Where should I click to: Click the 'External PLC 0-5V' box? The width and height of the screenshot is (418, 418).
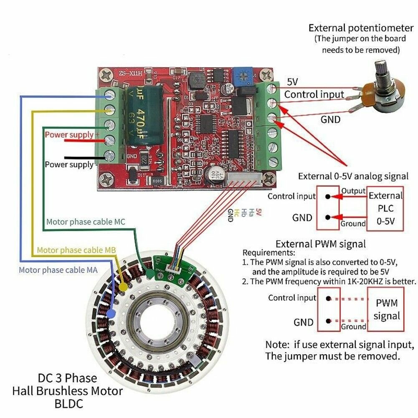385,208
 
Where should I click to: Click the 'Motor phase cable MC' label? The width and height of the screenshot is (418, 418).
86,222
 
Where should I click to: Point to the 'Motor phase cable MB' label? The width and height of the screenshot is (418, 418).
76,250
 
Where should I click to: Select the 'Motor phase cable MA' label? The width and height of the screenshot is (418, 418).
58,270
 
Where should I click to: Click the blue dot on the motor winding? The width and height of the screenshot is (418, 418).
111,313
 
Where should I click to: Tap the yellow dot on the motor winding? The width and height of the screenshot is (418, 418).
123,287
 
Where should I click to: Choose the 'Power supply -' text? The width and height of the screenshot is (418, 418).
69,165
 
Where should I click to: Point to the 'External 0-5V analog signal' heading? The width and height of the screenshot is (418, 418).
353,176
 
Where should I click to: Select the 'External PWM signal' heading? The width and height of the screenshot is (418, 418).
321,243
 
